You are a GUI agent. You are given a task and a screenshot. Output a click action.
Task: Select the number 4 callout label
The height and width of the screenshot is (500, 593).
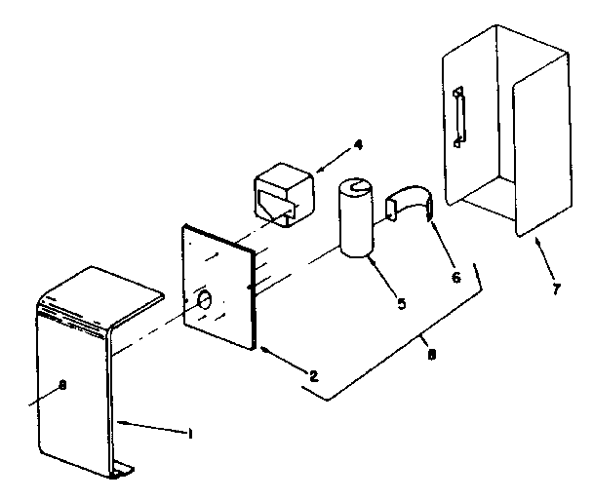click(358, 145)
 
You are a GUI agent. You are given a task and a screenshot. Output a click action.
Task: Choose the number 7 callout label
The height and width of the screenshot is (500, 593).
click(556, 290)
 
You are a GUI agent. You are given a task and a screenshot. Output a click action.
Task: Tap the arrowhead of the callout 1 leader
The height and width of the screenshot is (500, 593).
click(121, 420)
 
